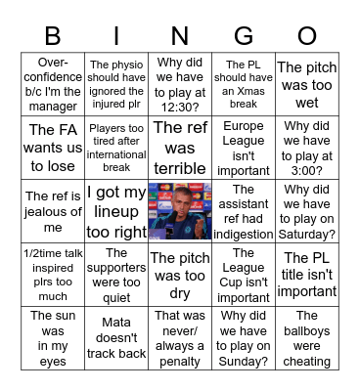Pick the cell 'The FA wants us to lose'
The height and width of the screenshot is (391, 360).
pos(53,147)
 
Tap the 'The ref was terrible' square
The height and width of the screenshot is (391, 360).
pos(180,147)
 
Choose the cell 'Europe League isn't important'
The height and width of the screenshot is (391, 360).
pos(243,147)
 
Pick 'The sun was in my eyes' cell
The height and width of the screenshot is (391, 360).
pos(53,338)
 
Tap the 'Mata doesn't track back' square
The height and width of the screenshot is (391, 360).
pos(116,338)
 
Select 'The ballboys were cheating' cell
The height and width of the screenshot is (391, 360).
pos(306,338)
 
